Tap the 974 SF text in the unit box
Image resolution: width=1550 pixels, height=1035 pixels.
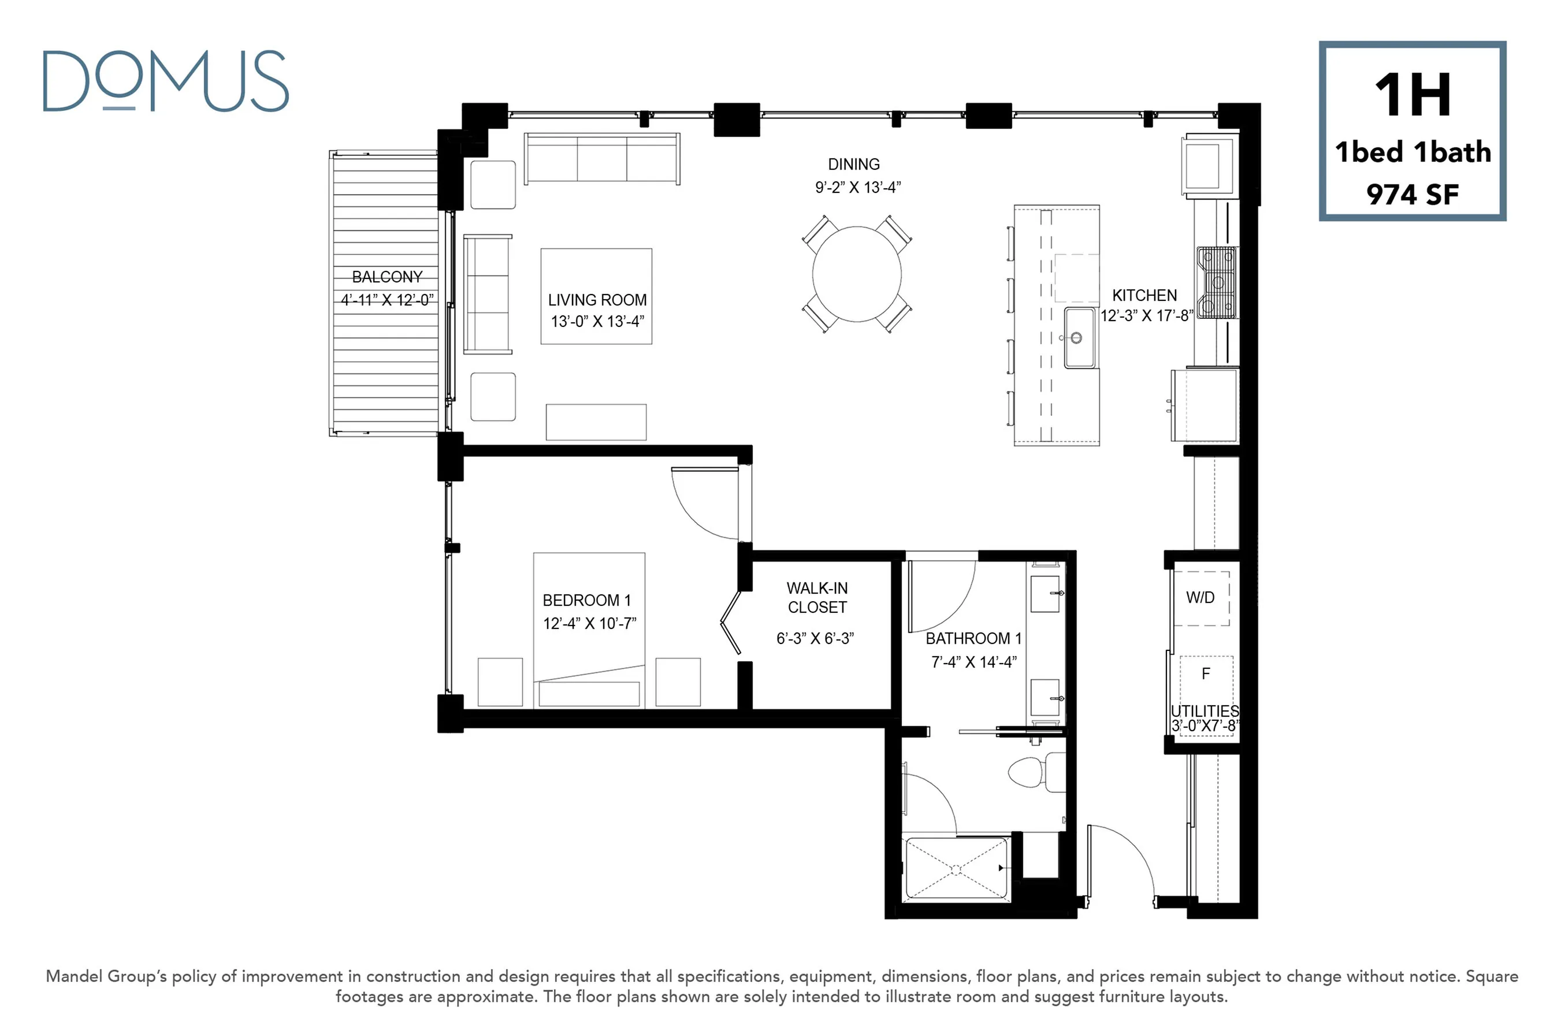coord(1412,194)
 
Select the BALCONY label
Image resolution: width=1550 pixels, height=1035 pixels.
coord(387,277)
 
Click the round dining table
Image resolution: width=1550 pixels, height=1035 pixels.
coord(857,274)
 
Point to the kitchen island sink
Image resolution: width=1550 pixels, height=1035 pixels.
coord(1081,337)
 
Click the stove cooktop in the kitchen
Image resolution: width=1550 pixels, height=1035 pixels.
coord(1216,282)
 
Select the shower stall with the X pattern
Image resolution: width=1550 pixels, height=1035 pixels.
coord(957,869)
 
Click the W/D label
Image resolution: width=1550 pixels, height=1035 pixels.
coord(1200,597)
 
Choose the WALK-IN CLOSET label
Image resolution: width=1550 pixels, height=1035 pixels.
coord(817,597)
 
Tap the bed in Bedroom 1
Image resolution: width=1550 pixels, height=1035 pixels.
coord(589,630)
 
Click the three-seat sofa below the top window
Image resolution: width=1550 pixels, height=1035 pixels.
coord(602,159)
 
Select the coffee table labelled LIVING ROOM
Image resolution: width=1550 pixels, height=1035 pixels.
coord(596,296)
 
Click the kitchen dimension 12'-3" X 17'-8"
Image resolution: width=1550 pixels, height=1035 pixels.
coord(1147,315)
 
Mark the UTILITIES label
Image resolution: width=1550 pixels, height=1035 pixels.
coord(1205,711)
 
